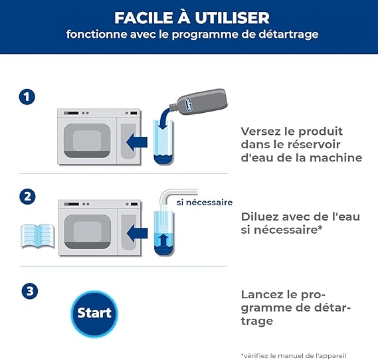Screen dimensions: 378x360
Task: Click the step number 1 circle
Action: coord(27,97)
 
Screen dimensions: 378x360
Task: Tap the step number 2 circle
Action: coord(27,197)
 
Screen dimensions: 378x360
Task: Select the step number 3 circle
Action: coord(30,291)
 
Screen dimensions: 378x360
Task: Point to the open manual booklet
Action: coord(38,236)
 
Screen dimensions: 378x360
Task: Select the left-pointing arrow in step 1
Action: coord(137,142)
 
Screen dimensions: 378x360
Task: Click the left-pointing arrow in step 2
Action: coord(137,233)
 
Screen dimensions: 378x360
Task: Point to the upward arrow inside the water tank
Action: coord(164,241)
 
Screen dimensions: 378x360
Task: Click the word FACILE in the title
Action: coord(144,17)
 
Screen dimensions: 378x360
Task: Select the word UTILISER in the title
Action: coord(232,17)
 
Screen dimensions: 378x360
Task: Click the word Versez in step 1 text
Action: coord(261,132)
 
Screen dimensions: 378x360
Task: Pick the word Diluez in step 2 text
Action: coord(260,217)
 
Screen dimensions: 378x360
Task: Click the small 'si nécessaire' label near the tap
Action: coord(205,203)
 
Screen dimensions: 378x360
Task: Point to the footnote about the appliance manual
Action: coord(294,355)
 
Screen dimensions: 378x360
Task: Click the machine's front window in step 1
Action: coord(87,141)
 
